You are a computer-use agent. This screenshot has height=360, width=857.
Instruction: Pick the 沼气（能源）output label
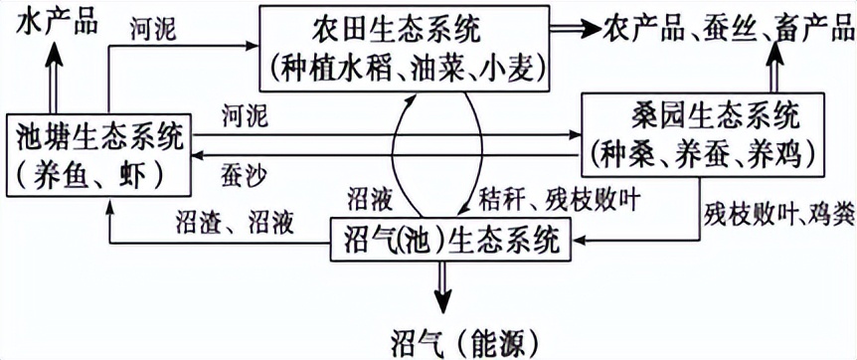coord(445,338)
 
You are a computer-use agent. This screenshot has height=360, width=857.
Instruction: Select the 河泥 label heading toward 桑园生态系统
coord(245,117)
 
